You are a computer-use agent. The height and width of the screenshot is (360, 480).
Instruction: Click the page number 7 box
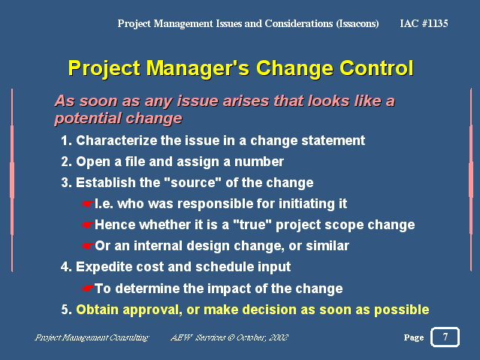click(445, 337)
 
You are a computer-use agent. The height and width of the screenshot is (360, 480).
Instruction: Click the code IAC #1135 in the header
click(424, 23)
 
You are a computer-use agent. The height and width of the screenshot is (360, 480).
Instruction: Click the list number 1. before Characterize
click(66, 141)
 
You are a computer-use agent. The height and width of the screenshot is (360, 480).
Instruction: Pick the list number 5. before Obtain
click(66, 310)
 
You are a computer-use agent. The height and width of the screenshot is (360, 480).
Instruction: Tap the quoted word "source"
click(192, 183)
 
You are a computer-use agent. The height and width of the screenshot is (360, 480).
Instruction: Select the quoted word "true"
click(252, 224)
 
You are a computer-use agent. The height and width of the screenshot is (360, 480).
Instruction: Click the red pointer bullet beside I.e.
click(87, 204)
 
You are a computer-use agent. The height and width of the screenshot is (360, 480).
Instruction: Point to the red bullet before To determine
click(87, 289)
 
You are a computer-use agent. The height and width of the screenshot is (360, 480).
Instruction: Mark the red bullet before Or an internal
click(87, 246)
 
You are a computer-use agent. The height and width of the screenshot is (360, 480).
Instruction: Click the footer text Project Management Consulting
click(92, 337)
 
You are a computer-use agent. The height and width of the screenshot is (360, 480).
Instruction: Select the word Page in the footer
click(414, 337)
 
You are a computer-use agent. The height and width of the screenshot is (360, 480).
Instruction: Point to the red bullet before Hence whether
click(87, 225)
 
